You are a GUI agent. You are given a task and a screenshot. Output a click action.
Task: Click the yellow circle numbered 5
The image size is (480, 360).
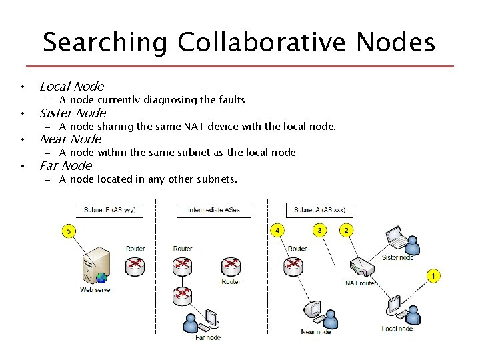[69, 231]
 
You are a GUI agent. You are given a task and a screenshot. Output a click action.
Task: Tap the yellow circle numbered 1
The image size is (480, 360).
[433, 275]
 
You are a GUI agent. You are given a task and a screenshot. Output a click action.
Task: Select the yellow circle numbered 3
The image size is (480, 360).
[319, 231]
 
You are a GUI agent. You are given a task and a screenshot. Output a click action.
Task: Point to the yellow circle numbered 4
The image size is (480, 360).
[277, 231]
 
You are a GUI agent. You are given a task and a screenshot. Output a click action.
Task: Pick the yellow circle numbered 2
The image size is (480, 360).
[346, 231]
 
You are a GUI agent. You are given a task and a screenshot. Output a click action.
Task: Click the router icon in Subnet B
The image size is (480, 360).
[135, 265]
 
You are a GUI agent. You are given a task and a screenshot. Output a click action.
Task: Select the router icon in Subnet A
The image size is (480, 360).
[294, 265]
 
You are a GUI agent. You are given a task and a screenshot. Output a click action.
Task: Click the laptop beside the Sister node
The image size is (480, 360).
[395, 235]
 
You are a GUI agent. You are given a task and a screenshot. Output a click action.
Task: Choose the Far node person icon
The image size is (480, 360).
[191, 324]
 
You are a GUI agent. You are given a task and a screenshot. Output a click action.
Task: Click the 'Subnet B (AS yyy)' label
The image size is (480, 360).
[109, 210]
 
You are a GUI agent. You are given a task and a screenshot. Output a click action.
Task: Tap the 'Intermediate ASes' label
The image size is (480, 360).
[213, 210]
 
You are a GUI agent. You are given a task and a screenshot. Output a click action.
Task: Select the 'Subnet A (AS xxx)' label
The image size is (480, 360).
[319, 210]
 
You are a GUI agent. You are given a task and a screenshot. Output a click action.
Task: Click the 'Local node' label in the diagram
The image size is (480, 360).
[397, 329]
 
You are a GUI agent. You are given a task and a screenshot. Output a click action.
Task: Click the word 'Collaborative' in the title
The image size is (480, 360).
[262, 43]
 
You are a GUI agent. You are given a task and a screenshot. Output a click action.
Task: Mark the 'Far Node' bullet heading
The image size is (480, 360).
[65, 165]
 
